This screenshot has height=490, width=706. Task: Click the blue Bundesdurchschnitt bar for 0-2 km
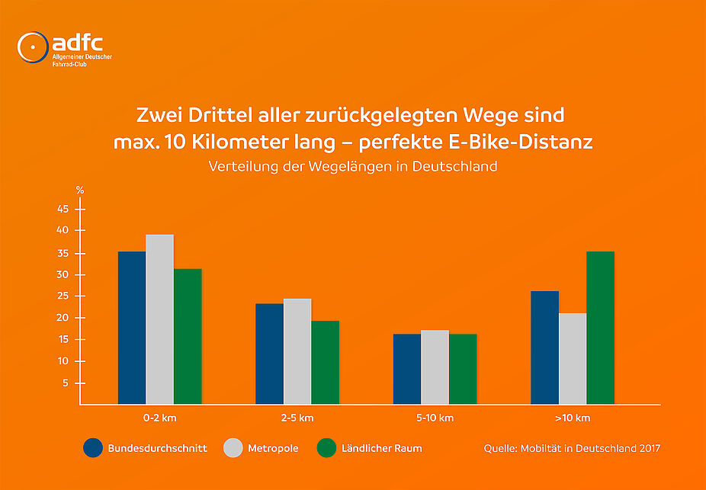pyautogui.click(x=132, y=328)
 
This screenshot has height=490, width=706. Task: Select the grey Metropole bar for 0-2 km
pyautogui.click(x=160, y=319)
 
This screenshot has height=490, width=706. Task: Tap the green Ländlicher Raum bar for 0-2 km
pyautogui.click(x=188, y=336)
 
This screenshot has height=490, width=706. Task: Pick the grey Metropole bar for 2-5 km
pyautogui.click(x=297, y=351)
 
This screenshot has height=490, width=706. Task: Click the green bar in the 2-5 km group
pyautogui.click(x=325, y=362)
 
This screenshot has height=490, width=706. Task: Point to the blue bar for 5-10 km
pyautogui.click(x=406, y=369)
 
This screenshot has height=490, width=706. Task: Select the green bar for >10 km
pyautogui.click(x=600, y=328)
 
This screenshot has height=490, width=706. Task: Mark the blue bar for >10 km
pyautogui.click(x=545, y=347)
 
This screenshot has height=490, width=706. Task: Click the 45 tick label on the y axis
pyautogui.click(x=63, y=209)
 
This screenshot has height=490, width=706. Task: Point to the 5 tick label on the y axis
pyautogui.click(x=66, y=383)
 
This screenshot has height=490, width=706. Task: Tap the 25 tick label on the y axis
pyautogui.click(x=63, y=296)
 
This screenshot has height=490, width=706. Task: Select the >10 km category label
pyautogui.click(x=572, y=418)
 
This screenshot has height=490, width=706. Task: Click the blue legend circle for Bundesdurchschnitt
pyautogui.click(x=93, y=448)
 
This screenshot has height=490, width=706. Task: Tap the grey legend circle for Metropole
pyautogui.click(x=233, y=448)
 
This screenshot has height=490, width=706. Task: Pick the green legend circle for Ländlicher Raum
pyautogui.click(x=326, y=448)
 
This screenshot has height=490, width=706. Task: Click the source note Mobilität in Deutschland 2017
pyautogui.click(x=572, y=448)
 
